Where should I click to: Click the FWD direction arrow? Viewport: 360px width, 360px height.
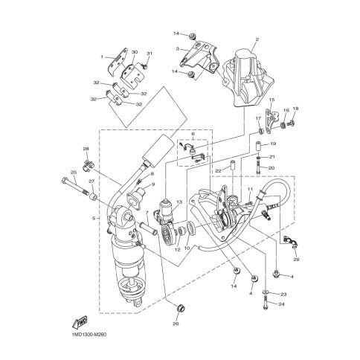(x=80, y=322)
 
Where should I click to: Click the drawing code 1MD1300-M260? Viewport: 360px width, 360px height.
(x=86, y=335)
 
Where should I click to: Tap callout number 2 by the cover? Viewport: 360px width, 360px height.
(x=257, y=39)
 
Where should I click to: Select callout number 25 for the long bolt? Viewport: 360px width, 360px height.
(x=73, y=172)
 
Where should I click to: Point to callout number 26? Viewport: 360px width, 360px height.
(x=177, y=324)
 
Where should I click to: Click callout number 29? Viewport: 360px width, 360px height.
(x=296, y=260)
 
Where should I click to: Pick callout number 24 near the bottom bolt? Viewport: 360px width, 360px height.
(x=281, y=304)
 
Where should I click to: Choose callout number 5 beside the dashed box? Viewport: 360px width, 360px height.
(x=94, y=219)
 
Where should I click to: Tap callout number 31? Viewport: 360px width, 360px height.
(x=150, y=54)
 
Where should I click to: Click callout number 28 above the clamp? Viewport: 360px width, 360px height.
(x=86, y=149)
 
